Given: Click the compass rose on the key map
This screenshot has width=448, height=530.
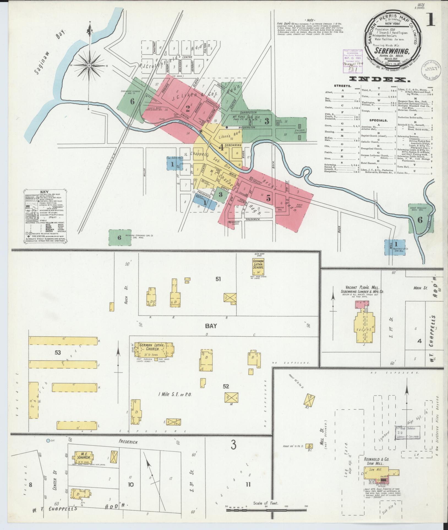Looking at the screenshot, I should pyautogui.click(x=89, y=65).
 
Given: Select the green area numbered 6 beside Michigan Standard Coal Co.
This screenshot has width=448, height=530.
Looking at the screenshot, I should pyautogui.click(x=119, y=238).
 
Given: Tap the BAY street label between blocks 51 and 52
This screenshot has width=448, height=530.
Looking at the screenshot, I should pyautogui.click(x=211, y=326).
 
